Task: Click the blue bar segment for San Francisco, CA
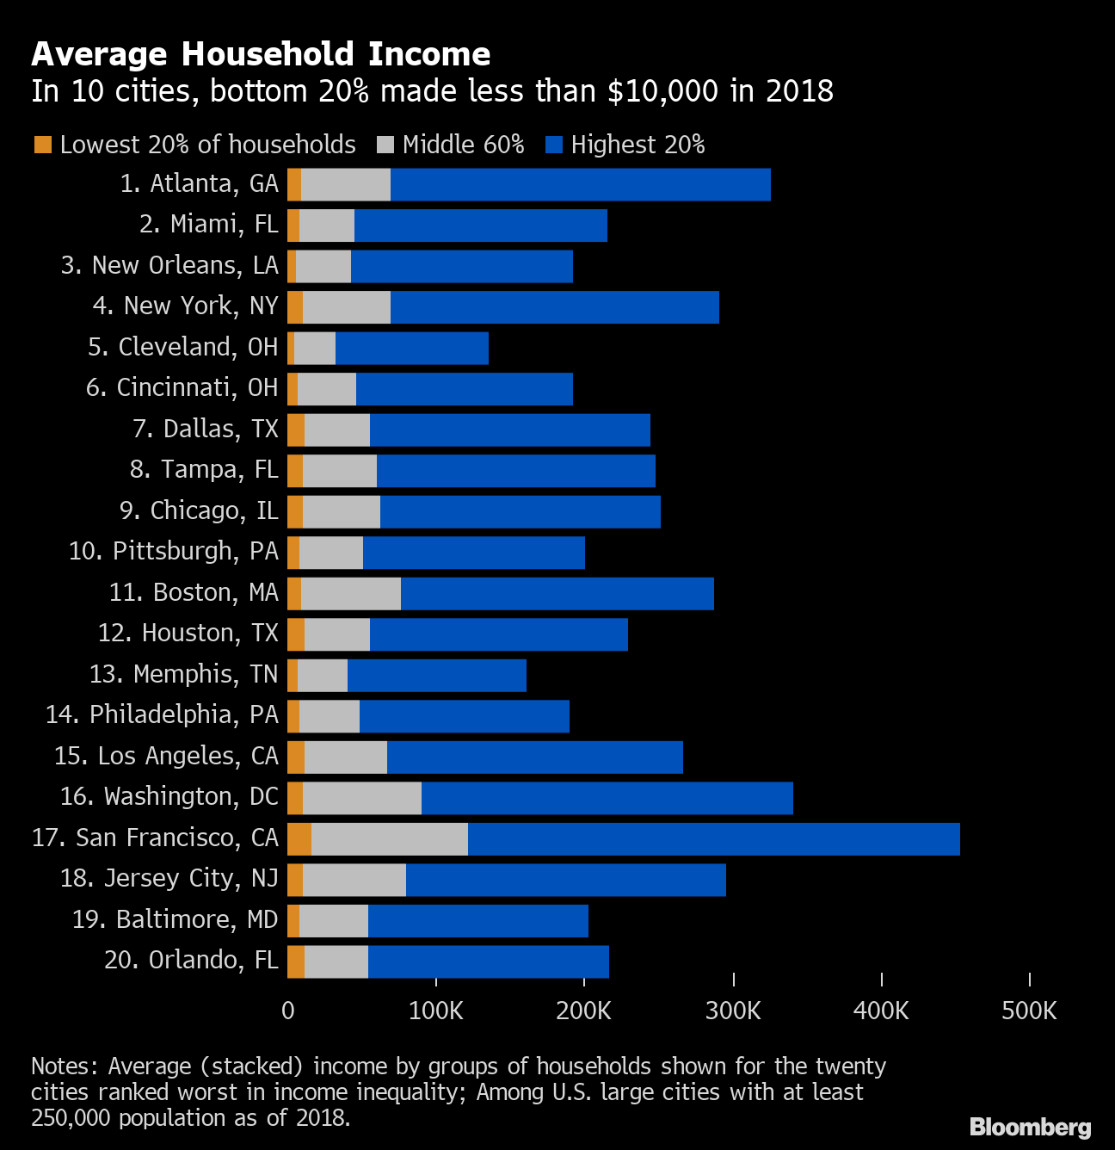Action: [x=714, y=839]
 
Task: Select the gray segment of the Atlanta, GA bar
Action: [x=346, y=185]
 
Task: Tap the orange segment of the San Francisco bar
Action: [x=299, y=839]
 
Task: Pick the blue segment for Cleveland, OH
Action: [x=412, y=349]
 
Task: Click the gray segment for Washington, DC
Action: [x=362, y=798]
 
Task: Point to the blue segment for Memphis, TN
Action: [x=437, y=676]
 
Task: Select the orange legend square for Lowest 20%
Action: [x=43, y=145]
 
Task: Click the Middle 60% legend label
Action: [x=463, y=145]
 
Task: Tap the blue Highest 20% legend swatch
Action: [x=554, y=145]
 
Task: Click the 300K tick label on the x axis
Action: [x=733, y=1011]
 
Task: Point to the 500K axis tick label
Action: [x=1029, y=1011]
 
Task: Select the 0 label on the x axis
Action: [x=287, y=1011]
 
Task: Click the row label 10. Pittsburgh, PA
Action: [x=174, y=551]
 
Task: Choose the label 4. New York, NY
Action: [x=186, y=306]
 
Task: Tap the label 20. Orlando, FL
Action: [x=191, y=960]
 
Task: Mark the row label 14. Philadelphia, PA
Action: [x=163, y=714]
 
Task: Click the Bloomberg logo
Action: [x=1030, y=1127]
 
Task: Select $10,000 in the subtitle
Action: [x=663, y=91]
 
